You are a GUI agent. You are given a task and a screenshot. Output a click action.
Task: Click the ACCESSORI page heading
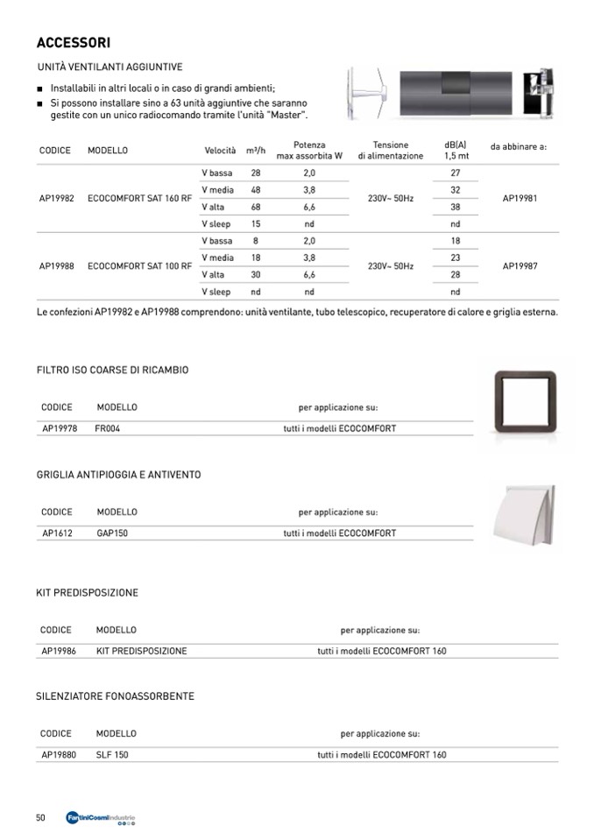point(73,43)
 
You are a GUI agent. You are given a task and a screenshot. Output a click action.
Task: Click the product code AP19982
point(57,199)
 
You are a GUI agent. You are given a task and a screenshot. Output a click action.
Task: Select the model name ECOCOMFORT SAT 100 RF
point(139,265)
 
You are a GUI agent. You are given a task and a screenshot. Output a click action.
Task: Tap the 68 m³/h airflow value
point(256,207)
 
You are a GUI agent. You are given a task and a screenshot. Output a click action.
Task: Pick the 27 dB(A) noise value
point(455,173)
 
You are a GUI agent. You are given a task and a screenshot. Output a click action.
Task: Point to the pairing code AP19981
point(520,199)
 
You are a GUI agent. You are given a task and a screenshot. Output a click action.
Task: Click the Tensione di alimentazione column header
point(390,151)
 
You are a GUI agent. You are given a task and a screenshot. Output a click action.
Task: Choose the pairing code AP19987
point(520,265)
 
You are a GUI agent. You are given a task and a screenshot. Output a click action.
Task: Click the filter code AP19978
point(60,428)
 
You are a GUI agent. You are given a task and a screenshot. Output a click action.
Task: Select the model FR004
point(108,428)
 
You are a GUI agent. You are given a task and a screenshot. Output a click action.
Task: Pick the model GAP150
point(112,533)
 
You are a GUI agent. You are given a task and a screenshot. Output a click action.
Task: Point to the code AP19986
point(60,651)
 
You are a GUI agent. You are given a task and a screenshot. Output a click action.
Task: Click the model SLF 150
point(112,754)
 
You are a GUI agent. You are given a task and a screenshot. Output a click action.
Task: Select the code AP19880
point(60,754)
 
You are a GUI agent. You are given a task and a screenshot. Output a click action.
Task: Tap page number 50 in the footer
point(40,817)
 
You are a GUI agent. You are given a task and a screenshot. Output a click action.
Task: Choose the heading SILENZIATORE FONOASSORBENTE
point(115,696)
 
